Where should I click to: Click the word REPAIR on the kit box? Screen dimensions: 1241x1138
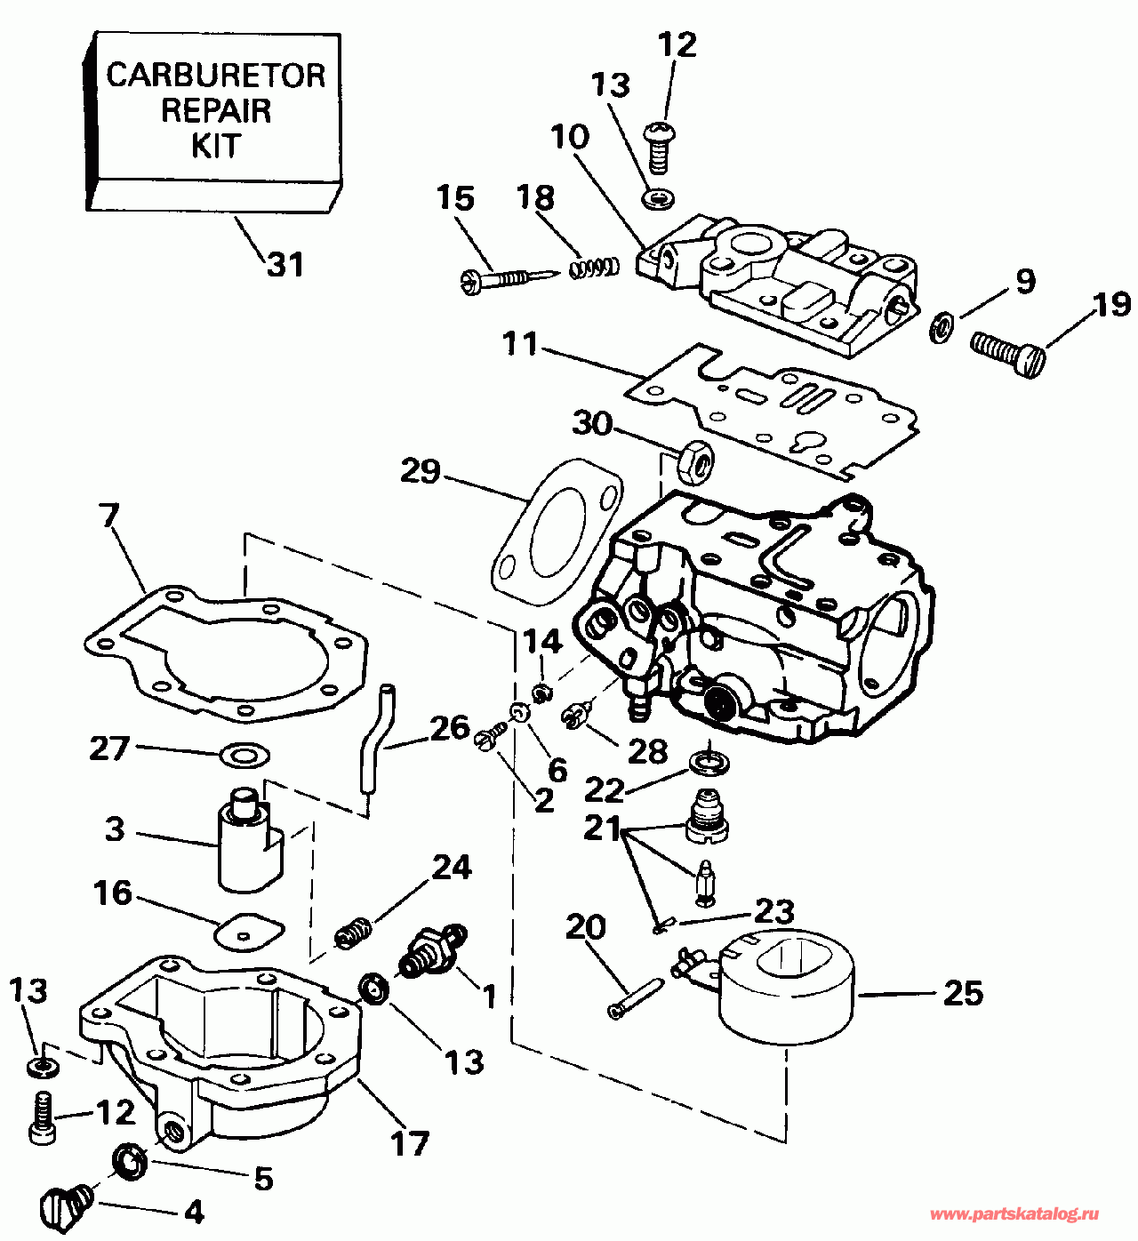click(x=216, y=110)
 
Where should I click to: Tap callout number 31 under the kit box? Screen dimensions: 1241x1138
click(x=285, y=264)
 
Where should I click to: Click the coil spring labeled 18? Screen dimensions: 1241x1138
click(x=594, y=266)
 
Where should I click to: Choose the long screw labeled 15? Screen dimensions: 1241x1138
click(x=502, y=278)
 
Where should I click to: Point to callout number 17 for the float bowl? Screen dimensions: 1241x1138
click(x=410, y=1143)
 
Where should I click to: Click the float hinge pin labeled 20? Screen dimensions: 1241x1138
click(x=635, y=997)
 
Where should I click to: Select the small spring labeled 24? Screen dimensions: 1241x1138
click(x=353, y=933)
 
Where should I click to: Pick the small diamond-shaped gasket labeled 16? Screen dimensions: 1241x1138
click(x=250, y=930)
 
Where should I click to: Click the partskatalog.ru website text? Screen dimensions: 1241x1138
click(x=1014, y=1214)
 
